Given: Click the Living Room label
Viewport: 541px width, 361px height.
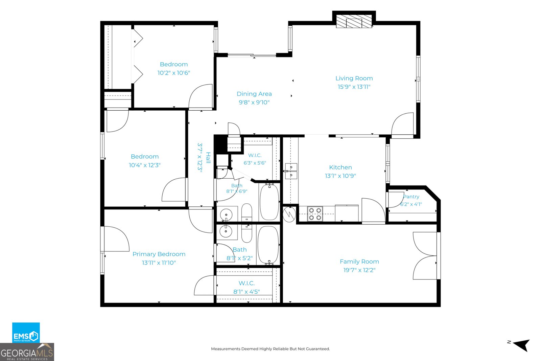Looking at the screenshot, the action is [354, 78].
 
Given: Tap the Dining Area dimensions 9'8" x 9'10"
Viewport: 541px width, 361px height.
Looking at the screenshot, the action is [254, 102].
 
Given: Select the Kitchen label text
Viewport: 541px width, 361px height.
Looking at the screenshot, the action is [340, 167].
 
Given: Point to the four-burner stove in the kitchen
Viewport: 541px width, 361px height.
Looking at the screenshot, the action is [315, 214].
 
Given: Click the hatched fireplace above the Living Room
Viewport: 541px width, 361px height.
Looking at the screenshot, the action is [354, 22].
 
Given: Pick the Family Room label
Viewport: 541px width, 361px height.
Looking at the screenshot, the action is [359, 262].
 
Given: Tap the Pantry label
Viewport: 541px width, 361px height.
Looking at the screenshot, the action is [411, 197].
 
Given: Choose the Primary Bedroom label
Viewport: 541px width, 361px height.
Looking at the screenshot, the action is [159, 254].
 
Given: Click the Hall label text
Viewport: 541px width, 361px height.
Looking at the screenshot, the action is [208, 158].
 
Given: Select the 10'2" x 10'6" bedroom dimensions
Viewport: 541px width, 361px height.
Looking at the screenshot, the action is [174, 73].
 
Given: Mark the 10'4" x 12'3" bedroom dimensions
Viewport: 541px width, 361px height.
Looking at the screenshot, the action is [145, 165].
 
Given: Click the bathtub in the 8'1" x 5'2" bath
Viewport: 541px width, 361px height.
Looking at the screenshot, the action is [268, 245].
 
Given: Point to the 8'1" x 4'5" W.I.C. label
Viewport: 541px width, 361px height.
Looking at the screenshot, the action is [246, 283].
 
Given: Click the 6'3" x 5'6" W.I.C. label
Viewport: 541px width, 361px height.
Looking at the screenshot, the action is [255, 155].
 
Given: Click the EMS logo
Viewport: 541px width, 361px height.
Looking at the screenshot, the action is [26, 333].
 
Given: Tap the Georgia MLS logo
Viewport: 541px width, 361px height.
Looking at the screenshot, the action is [27, 352].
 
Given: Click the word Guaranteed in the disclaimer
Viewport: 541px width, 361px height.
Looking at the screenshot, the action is [319, 349].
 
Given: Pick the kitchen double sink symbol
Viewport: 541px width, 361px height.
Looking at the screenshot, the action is [291, 171].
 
